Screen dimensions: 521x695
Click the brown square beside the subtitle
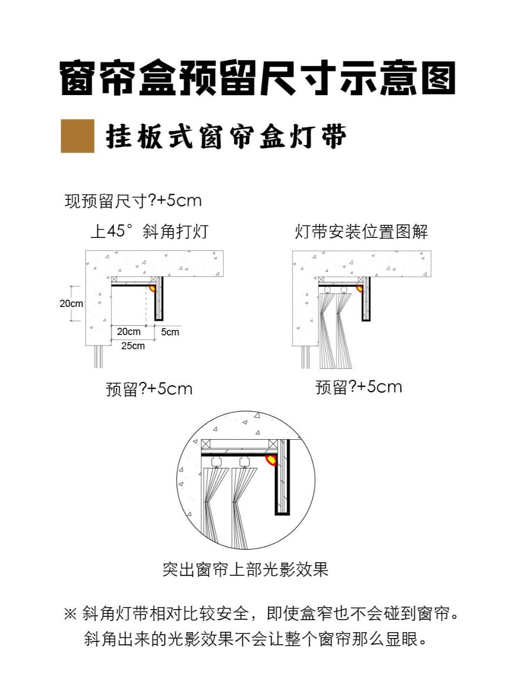click(78, 136)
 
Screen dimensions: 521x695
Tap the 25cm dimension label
click(133, 346)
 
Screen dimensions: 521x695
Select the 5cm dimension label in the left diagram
click(170, 332)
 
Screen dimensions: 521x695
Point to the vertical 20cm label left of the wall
click(71, 303)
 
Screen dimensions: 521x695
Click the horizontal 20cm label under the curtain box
click(129, 332)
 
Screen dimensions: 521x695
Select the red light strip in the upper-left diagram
click(152, 289)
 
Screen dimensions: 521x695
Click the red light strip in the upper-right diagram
click(360, 289)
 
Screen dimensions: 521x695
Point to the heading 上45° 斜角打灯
click(150, 231)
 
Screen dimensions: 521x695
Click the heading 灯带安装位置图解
click(361, 232)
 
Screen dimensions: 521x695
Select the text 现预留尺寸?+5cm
click(133, 201)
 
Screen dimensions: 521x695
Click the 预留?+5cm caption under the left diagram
click(149, 389)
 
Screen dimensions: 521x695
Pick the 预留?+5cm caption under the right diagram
click(359, 387)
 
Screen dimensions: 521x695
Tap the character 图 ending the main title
click(439, 78)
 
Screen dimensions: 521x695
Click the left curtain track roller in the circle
click(216, 461)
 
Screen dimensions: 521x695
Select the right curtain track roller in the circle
click(245, 461)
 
